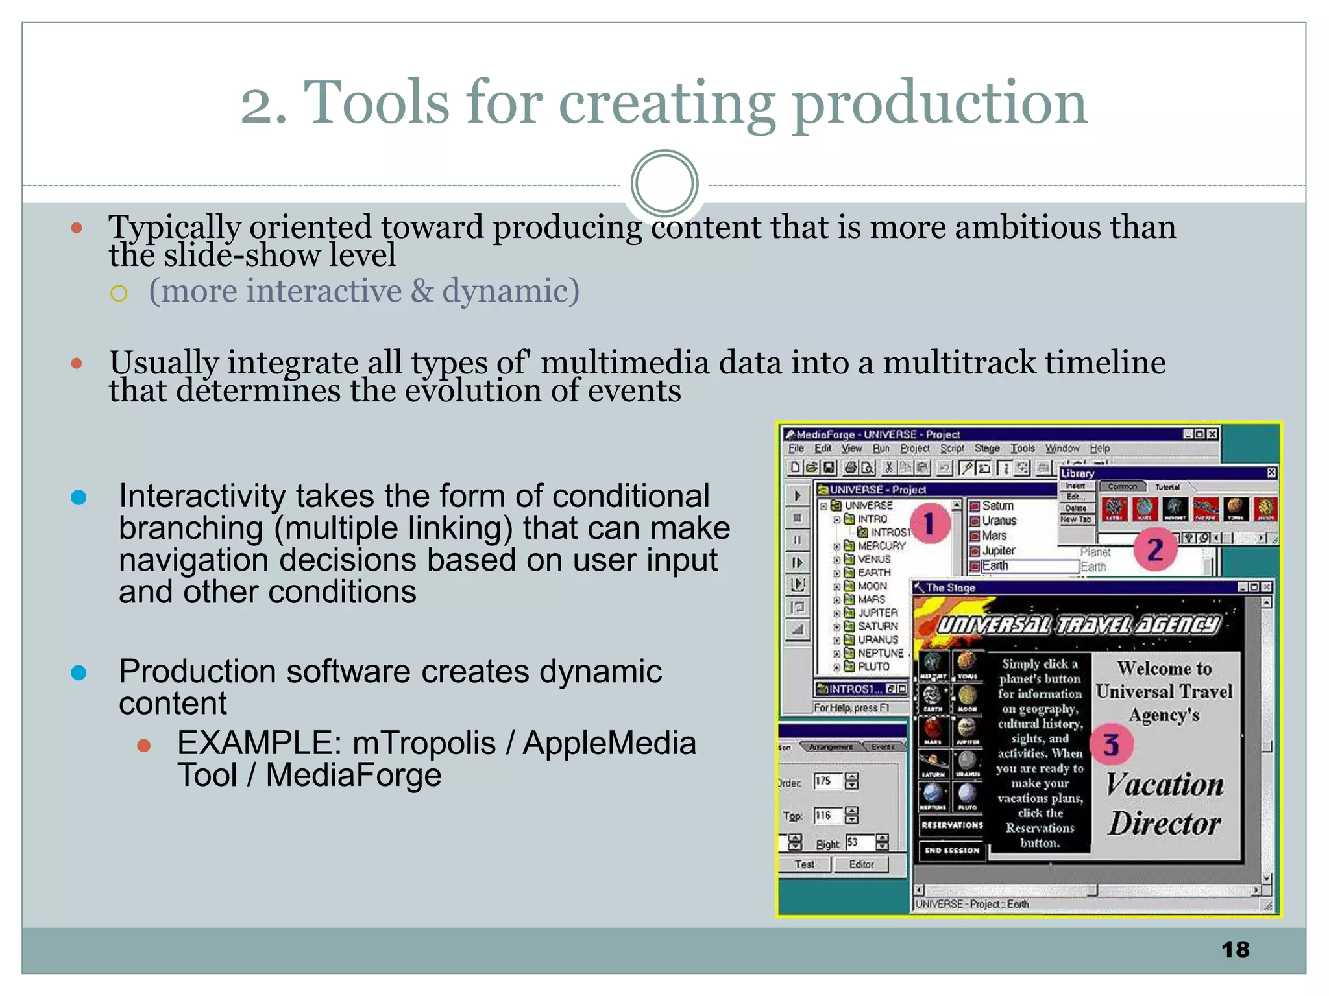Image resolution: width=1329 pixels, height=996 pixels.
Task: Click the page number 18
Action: (x=1235, y=949)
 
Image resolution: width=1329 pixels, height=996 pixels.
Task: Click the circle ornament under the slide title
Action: (x=664, y=184)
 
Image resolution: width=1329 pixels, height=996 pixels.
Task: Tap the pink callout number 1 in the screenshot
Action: (x=930, y=524)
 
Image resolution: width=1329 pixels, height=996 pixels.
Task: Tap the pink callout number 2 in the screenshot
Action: (x=1154, y=550)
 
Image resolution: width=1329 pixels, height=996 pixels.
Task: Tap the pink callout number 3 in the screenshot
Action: (x=1111, y=745)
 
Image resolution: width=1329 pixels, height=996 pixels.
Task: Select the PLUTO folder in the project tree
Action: (x=873, y=667)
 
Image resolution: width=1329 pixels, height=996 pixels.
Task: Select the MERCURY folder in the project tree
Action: (x=881, y=546)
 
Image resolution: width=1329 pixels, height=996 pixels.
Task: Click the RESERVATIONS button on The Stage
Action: (x=952, y=825)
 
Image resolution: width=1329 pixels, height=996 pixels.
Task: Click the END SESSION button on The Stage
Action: (x=952, y=850)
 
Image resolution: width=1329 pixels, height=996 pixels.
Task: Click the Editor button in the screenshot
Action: (x=861, y=864)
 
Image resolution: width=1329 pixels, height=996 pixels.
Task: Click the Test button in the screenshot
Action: (x=804, y=864)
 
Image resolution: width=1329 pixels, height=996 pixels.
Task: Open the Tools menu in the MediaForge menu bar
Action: (x=1022, y=448)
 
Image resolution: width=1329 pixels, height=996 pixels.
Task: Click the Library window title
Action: (x=1078, y=473)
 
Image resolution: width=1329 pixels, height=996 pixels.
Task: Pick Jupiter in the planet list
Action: (x=998, y=551)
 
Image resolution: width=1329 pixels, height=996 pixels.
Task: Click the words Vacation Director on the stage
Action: (x=1165, y=804)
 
